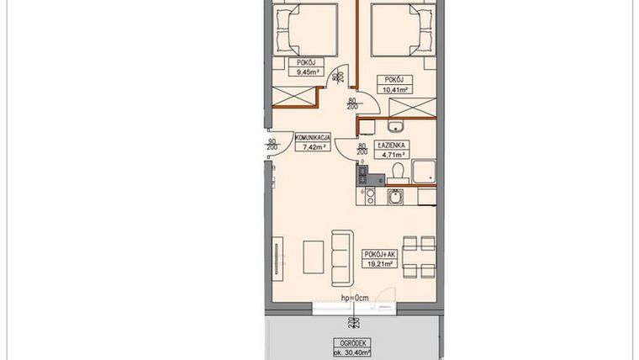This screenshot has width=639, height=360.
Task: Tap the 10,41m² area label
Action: (x=394, y=89)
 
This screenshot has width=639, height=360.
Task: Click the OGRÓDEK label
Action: (x=346, y=342)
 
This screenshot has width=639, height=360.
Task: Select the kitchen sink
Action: (x=393, y=199)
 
